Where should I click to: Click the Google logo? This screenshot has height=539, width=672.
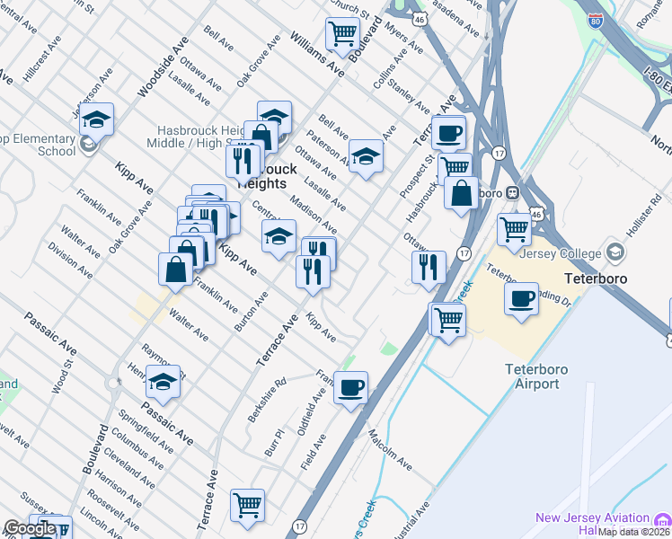point(29,528)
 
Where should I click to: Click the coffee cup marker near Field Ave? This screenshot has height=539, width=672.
point(349,388)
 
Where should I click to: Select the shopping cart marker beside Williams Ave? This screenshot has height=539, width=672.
point(343,33)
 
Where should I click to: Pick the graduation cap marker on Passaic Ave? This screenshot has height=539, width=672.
point(163,383)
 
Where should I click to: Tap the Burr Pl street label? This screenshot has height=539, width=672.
point(274,440)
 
